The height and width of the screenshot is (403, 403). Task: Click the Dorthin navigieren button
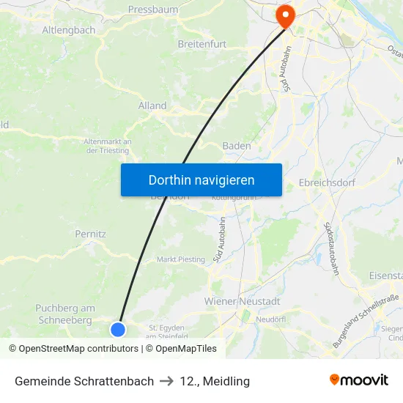pyautogui.click(x=201, y=180)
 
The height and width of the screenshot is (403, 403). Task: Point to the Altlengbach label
pyautogui.click(x=69, y=30)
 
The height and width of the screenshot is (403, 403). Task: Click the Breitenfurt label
pyautogui.click(x=202, y=44)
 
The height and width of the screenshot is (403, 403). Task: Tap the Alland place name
pyautogui.click(x=152, y=106)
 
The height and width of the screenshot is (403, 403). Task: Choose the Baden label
pyautogui.click(x=237, y=146)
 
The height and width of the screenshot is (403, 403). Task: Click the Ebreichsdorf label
pyautogui.click(x=327, y=182)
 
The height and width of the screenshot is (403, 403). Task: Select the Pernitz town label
pyautogui.click(x=91, y=234)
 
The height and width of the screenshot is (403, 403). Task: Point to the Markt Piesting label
pyautogui.click(x=181, y=259)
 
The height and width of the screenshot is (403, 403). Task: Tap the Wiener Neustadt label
pyautogui.click(x=242, y=301)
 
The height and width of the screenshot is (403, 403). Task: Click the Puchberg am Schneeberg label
pyautogui.click(x=65, y=314)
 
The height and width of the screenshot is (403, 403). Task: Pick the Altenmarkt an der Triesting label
pyautogui.click(x=107, y=146)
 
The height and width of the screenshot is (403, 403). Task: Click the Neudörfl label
pyautogui.click(x=270, y=319)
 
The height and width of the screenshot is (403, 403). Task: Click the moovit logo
pyautogui.click(x=359, y=380)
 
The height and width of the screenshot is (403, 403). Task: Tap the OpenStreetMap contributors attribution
pyautogui.click(x=73, y=349)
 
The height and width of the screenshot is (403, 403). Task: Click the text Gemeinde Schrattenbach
pyautogui.click(x=84, y=381)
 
